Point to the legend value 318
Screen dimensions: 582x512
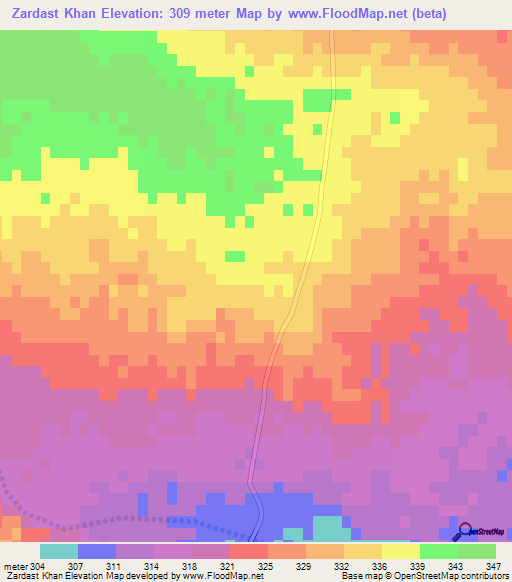tap(190, 567)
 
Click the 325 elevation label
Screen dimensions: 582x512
tap(266, 567)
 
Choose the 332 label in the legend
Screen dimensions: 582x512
tap(342, 567)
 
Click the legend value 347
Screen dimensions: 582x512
tap(493, 567)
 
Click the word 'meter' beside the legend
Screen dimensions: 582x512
tap(15, 567)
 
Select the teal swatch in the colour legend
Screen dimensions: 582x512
tap(59, 551)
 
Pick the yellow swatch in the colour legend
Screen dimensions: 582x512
tap(400, 551)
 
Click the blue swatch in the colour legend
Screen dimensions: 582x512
tap(97, 551)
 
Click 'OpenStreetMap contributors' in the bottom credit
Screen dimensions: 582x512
tap(450, 577)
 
